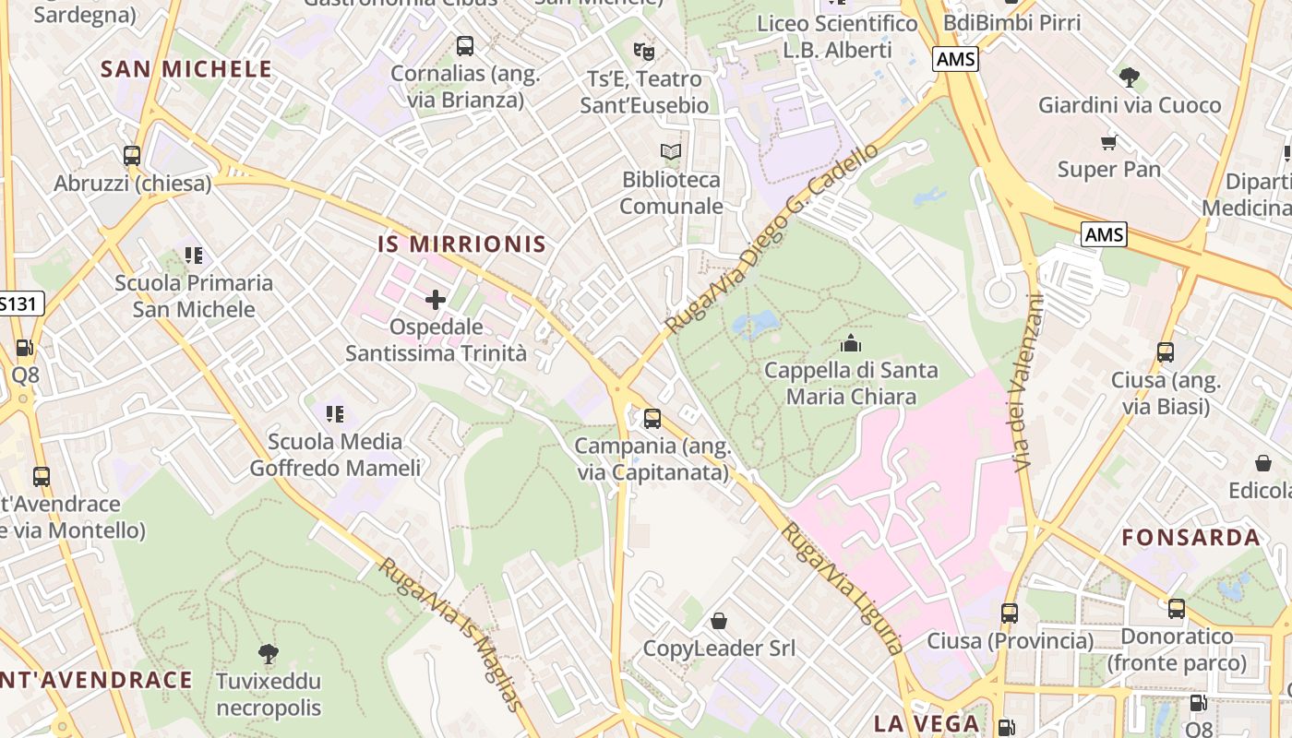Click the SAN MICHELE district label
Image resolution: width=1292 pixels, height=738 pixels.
pos(186,69)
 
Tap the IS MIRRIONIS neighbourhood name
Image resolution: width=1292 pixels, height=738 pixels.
pos(461,244)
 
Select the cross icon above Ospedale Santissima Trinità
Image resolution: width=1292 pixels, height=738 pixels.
pos(436,300)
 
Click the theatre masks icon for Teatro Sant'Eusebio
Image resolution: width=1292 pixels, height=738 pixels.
pos(644,51)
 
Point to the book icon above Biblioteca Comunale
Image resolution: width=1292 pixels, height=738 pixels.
pos(671,151)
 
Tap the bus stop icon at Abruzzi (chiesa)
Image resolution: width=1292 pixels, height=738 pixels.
pos(132,156)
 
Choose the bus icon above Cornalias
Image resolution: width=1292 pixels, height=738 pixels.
pos(465,45)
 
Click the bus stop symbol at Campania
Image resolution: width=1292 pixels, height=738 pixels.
pos(652,419)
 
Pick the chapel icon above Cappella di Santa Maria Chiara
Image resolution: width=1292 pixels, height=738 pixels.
pos(851,343)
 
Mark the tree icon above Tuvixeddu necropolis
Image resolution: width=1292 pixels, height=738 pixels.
pos(269,654)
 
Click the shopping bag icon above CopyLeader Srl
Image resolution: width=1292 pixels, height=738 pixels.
pos(719,621)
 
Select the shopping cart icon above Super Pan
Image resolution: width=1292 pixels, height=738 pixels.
pos(1108,142)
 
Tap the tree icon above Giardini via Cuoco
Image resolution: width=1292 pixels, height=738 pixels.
pos(1129,77)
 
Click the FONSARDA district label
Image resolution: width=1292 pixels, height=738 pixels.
pos(1190,538)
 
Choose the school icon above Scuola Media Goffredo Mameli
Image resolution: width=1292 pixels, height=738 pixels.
pos(335,414)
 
